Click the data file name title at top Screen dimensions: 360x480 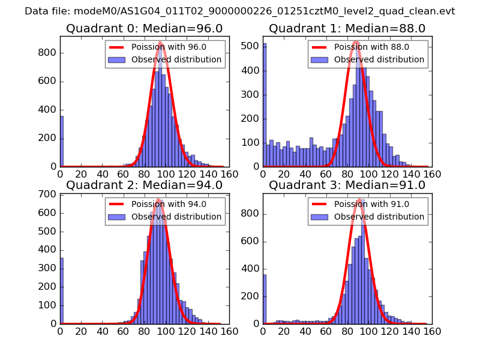(x=240, y=11)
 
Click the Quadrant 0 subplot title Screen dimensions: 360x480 (x=144, y=29)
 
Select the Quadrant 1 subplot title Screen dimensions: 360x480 (x=347, y=29)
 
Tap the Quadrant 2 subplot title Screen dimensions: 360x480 (x=144, y=185)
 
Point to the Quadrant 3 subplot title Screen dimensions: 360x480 (x=347, y=185)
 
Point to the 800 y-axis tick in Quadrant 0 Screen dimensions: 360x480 (x=48, y=53)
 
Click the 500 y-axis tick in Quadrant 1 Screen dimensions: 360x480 (x=251, y=46)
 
